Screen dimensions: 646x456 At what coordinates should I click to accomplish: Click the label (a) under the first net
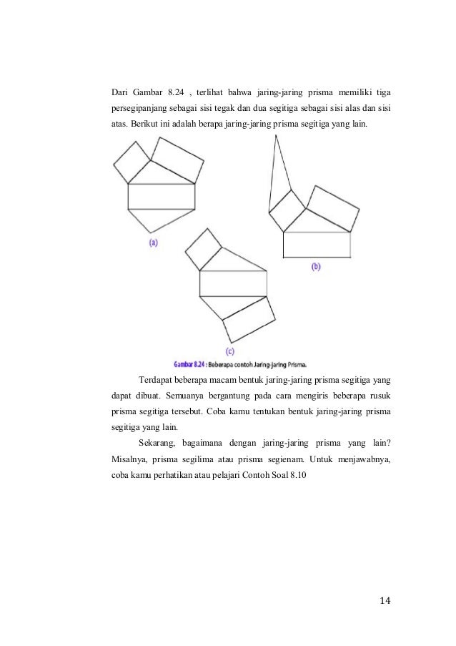coord(153,243)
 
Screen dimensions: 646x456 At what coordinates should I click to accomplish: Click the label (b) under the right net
coord(316,266)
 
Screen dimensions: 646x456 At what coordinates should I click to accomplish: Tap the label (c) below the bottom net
coord(230,351)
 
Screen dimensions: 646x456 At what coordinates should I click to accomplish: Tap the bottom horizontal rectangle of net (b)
coord(317,245)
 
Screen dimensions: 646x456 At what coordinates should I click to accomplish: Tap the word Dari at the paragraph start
coord(124,92)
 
